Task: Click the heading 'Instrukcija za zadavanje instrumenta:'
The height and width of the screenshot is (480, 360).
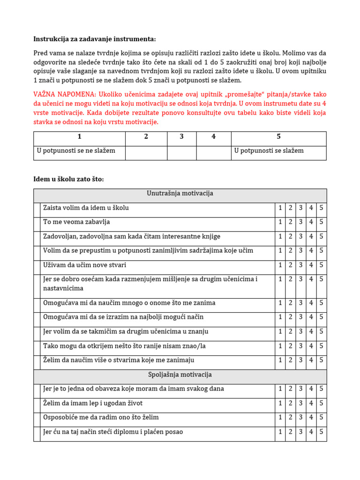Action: pos(94,39)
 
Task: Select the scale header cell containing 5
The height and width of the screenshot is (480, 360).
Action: pos(278,137)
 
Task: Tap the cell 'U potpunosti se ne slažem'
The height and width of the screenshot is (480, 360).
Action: pos(76,151)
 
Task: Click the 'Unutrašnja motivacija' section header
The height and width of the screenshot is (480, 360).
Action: pos(180,194)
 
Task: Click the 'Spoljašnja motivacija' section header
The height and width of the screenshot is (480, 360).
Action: pos(180,375)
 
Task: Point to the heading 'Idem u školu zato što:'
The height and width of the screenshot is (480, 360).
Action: pos(68,179)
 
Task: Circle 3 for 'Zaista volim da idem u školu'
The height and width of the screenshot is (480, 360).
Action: pos(300,208)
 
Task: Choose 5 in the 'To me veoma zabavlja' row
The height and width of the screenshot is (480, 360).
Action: pos(321,222)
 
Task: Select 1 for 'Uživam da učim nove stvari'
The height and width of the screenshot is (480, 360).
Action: pos(280,265)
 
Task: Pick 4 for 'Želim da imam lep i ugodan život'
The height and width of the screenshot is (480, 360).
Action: pos(311,404)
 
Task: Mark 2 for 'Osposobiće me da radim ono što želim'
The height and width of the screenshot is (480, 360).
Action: pos(291,418)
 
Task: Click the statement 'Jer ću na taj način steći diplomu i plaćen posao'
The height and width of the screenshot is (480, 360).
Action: pos(113,432)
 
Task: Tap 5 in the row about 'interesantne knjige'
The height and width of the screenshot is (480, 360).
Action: pos(321,237)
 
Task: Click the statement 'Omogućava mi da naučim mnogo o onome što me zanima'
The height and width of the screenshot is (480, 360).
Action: pos(129,303)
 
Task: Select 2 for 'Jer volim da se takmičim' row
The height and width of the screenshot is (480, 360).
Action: pos(291,332)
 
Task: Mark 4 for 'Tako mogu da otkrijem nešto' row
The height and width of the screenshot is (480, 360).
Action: pos(311,346)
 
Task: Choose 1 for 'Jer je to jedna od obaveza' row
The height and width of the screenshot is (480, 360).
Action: pos(280,389)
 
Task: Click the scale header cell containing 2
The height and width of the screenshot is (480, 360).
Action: pos(146,137)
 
